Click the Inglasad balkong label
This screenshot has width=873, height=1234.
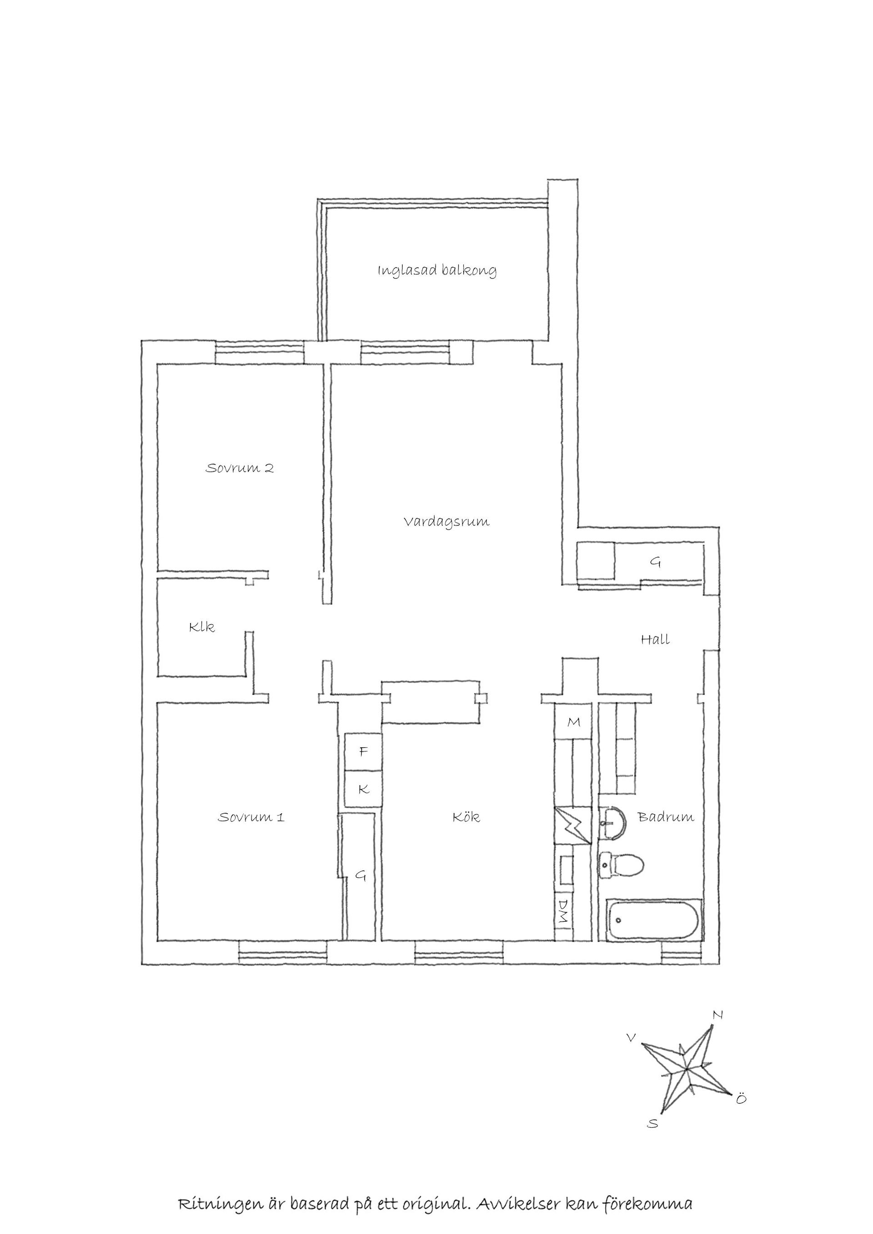click(436, 270)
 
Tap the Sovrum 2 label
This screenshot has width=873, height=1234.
click(240, 468)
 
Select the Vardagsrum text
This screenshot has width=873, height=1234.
click(447, 521)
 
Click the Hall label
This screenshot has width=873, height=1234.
click(655, 639)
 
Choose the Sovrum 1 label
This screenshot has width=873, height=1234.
click(251, 818)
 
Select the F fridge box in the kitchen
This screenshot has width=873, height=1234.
click(363, 752)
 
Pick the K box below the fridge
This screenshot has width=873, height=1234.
click(363, 789)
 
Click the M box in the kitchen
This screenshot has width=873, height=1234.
click(573, 722)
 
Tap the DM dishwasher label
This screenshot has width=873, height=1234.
click(563, 911)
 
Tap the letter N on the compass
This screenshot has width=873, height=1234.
click(717, 1015)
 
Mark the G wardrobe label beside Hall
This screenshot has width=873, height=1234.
click(655, 562)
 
